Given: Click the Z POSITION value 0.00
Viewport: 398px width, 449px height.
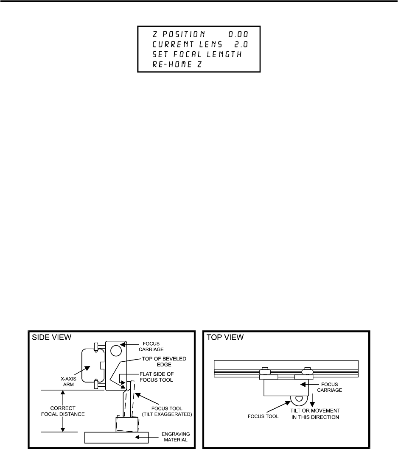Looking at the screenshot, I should tap(238, 33).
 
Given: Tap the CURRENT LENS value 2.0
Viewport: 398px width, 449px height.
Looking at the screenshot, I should tap(241, 44).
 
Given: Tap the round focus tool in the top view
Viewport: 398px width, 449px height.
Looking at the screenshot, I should tap(299, 399).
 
